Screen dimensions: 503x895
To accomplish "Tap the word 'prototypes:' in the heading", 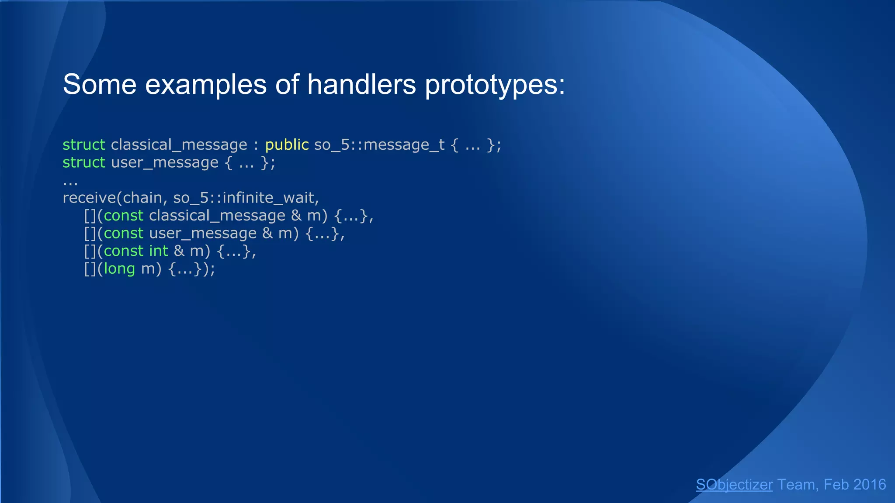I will [x=495, y=85].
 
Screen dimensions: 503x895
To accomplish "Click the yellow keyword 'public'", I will [x=287, y=145].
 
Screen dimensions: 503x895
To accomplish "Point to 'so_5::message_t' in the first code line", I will [x=379, y=145].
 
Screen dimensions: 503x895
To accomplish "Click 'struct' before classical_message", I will [x=84, y=145].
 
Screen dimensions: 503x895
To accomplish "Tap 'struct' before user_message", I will [x=84, y=162].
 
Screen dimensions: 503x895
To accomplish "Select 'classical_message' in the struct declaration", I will [x=179, y=145].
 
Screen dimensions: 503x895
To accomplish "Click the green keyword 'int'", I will [x=158, y=251].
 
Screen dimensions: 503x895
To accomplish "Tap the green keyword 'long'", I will [x=119, y=269].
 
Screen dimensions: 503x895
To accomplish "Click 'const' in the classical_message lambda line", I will [x=124, y=216].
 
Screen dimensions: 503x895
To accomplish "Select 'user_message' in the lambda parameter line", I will [x=203, y=234].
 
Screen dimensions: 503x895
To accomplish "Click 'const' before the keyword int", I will [x=124, y=251].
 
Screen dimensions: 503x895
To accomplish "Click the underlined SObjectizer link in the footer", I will [x=734, y=485].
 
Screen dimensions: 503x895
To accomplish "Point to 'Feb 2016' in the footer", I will [x=855, y=485].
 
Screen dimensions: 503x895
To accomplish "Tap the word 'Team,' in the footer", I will [x=798, y=485].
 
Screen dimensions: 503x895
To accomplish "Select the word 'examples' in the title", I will [x=205, y=85].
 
